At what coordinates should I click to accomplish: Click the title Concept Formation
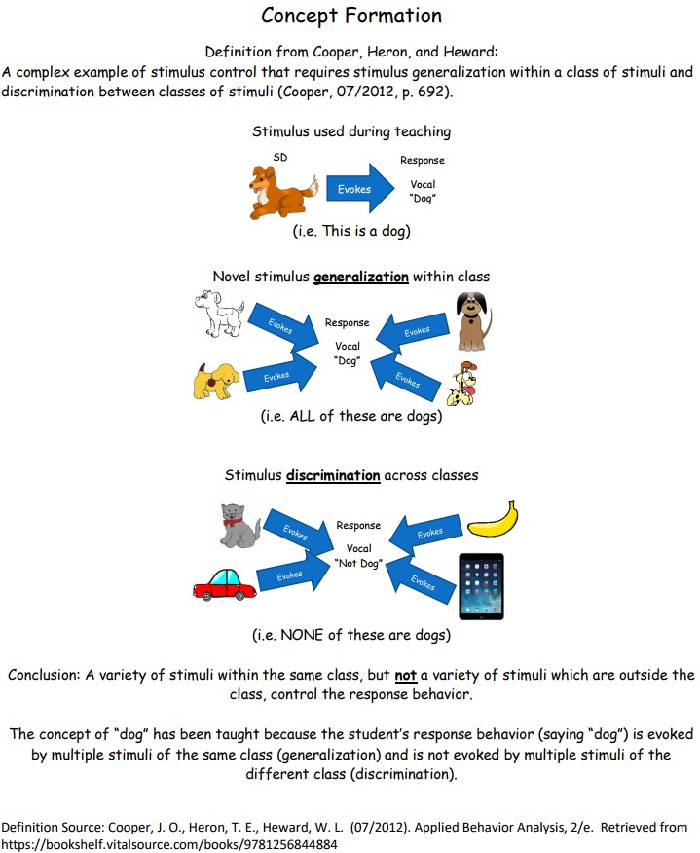(351, 16)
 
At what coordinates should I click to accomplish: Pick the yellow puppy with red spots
(216, 379)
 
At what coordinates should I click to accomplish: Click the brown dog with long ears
(473, 319)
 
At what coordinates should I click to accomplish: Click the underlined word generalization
(360, 277)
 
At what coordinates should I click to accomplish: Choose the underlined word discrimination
(333, 476)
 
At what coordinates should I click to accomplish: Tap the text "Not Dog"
(357, 564)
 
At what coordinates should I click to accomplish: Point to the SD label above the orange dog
(280, 156)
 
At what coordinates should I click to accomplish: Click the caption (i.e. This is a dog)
(350, 232)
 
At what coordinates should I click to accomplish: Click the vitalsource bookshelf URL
(170, 843)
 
